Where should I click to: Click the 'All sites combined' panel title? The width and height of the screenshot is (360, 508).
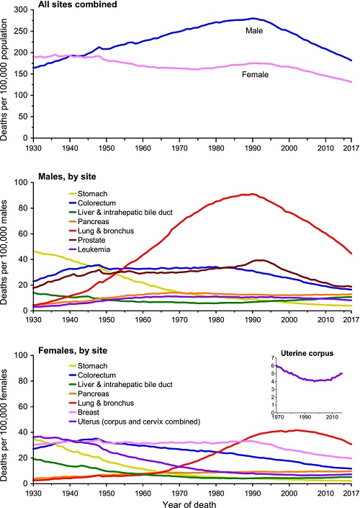tap(77, 4)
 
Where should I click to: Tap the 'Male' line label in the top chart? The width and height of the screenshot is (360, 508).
tap(254, 31)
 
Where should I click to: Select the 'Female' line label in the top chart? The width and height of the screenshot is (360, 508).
tap(255, 75)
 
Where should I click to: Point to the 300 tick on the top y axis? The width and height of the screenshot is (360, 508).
tap(21, 9)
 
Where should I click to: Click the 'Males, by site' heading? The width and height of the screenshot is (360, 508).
tap(67, 177)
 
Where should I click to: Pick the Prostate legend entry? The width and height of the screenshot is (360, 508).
tap(87, 240)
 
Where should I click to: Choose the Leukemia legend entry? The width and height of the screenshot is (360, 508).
tap(90, 249)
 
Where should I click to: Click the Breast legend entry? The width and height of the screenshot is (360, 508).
tap(84, 412)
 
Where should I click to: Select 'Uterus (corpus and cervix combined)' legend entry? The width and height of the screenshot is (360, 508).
tap(135, 422)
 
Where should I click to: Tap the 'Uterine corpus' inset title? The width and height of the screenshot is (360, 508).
tap(307, 354)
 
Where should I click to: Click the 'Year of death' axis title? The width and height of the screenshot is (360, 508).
tap(189, 504)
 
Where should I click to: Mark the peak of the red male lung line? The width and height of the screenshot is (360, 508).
tap(253, 194)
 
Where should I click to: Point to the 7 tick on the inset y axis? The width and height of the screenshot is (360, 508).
tap(273, 357)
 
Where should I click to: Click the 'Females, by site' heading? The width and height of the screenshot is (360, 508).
tap(73, 351)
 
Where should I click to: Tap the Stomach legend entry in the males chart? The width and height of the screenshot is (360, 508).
tap(89, 194)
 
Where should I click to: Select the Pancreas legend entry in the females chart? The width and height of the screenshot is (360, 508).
tap(89, 394)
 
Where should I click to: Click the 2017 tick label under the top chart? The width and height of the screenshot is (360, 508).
tap(351, 148)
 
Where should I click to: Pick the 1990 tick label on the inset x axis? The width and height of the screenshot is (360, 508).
tap(305, 417)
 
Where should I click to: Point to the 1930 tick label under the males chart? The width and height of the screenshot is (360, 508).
tap(33, 320)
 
